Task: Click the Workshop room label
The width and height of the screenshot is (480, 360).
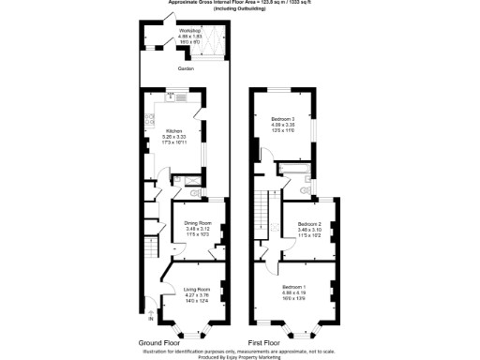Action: coord(190,31)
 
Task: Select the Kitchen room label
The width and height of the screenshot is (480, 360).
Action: coord(174,130)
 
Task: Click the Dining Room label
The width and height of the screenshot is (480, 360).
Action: coord(198,222)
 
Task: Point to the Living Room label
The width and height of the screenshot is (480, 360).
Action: coord(196,290)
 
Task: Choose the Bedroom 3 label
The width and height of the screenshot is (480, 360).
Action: coord(283,119)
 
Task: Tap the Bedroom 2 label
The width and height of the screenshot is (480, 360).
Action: coord(309,223)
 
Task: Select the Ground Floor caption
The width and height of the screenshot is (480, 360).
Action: coord(159,343)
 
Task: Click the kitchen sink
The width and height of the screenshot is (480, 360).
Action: coord(150,119)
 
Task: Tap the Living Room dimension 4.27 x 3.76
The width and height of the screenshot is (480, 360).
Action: coord(196,296)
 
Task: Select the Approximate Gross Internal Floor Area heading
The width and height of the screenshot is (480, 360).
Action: coord(240,4)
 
